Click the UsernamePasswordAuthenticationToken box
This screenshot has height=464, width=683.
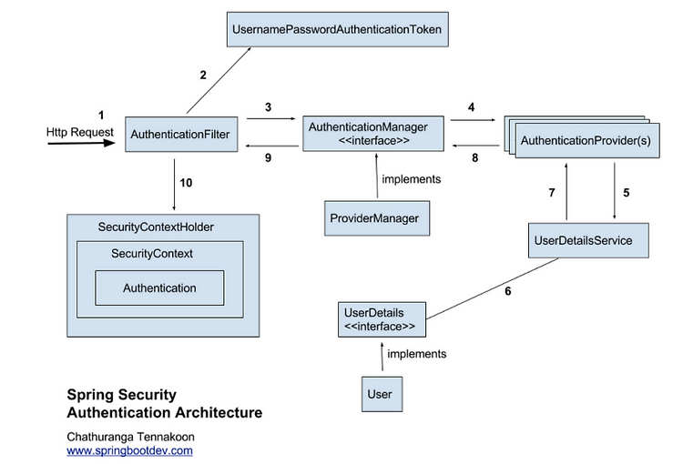(x=338, y=29)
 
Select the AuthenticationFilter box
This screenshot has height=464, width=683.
(x=181, y=134)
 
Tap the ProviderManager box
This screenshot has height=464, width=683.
(x=377, y=218)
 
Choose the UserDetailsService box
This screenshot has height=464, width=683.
(x=588, y=240)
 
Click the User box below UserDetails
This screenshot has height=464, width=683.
(x=382, y=394)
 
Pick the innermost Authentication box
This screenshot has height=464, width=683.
(x=159, y=287)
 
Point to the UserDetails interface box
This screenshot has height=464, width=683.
(x=382, y=319)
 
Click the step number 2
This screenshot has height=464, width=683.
(x=203, y=75)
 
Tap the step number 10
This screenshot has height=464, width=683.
(x=186, y=182)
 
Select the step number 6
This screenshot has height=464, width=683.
(x=508, y=291)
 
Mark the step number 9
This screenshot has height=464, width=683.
(x=268, y=157)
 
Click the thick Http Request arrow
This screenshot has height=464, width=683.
(x=81, y=143)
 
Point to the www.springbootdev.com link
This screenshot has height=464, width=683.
(x=130, y=450)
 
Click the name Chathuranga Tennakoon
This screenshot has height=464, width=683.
(x=130, y=437)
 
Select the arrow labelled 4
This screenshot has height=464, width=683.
(x=473, y=120)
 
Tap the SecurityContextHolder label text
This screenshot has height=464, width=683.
(x=156, y=227)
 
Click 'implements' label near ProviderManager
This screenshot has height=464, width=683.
(x=412, y=179)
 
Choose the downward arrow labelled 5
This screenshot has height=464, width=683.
(x=615, y=191)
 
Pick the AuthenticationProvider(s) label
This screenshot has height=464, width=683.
(x=586, y=141)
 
